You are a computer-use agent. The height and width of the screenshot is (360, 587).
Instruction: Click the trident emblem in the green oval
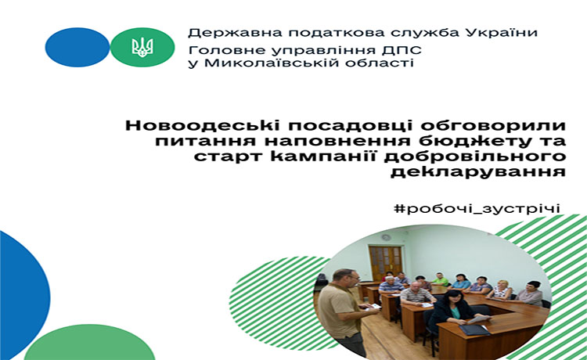(142, 47)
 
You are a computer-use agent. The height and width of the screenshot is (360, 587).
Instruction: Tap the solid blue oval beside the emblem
(77, 47)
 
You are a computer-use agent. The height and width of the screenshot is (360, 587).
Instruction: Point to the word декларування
(478, 171)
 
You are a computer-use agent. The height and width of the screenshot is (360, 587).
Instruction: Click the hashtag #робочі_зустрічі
(477, 208)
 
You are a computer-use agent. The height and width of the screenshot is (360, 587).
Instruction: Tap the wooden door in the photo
(385, 263)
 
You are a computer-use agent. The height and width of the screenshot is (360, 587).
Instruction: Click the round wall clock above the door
(386, 237)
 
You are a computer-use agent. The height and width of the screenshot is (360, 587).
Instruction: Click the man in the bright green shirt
(440, 279)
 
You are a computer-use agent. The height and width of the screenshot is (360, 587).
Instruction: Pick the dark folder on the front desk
(474, 329)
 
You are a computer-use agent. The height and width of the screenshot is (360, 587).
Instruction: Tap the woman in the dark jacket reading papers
(450, 311)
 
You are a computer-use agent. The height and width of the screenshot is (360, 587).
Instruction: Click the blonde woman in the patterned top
(501, 290)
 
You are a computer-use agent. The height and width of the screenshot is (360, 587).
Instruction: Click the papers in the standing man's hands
(371, 307)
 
